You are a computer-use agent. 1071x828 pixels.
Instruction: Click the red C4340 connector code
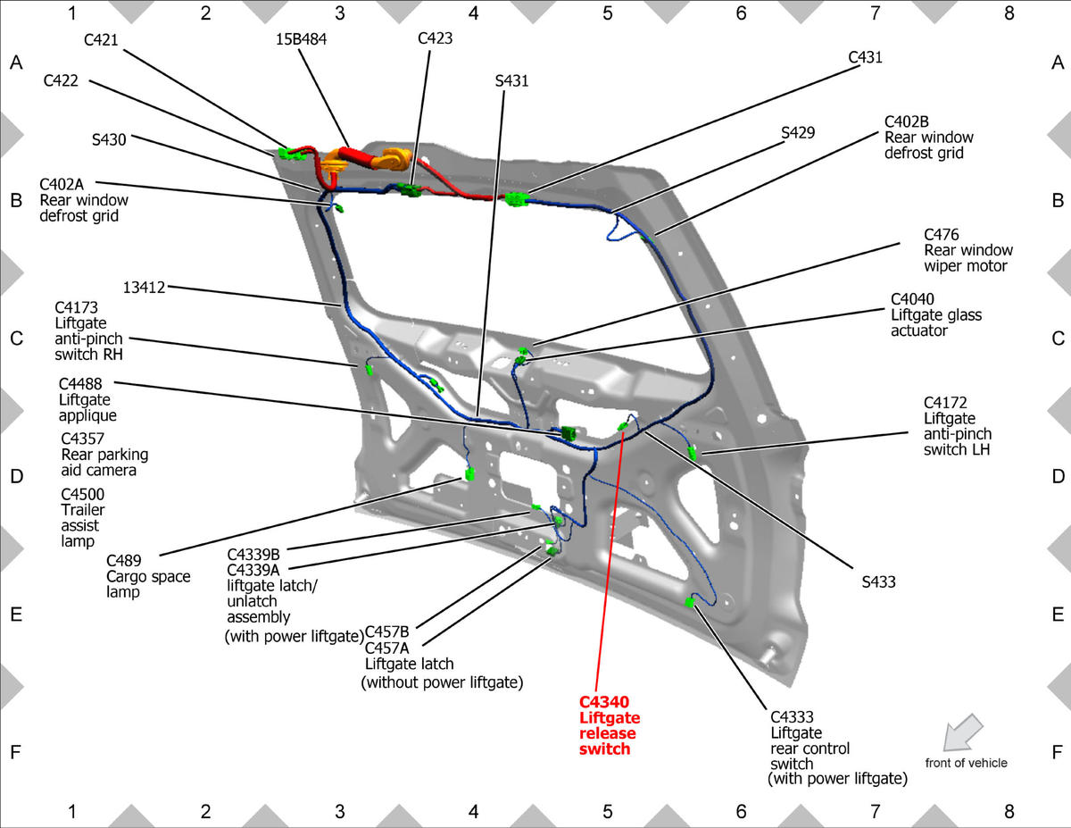click(x=603, y=702)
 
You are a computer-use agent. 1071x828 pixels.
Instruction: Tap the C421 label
click(x=101, y=40)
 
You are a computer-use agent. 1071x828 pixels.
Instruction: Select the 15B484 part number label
click(x=301, y=39)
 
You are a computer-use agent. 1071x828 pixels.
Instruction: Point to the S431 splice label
click(x=511, y=81)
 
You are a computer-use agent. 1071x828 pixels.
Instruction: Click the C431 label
click(x=865, y=57)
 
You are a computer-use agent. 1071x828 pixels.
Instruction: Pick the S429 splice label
click(x=798, y=132)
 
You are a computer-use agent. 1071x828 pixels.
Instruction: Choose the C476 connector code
click(x=942, y=234)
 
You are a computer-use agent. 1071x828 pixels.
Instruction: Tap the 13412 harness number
click(x=144, y=287)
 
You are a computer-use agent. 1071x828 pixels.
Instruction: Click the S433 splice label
click(x=878, y=581)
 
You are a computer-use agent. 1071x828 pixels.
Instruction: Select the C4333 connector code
click(x=792, y=716)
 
